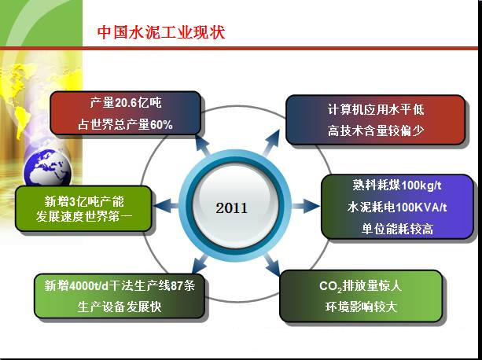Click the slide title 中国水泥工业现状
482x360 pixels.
162,32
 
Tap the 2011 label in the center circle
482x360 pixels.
231,208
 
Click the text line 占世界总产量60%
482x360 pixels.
125,124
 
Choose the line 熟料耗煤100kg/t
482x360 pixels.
398,186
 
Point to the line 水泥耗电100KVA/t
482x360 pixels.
398,208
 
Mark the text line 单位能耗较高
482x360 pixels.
398,229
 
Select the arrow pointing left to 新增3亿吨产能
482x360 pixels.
164,207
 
